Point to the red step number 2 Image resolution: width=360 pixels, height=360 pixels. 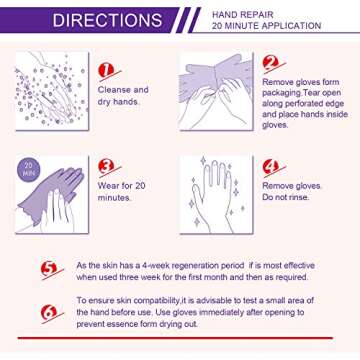point(270,63)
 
